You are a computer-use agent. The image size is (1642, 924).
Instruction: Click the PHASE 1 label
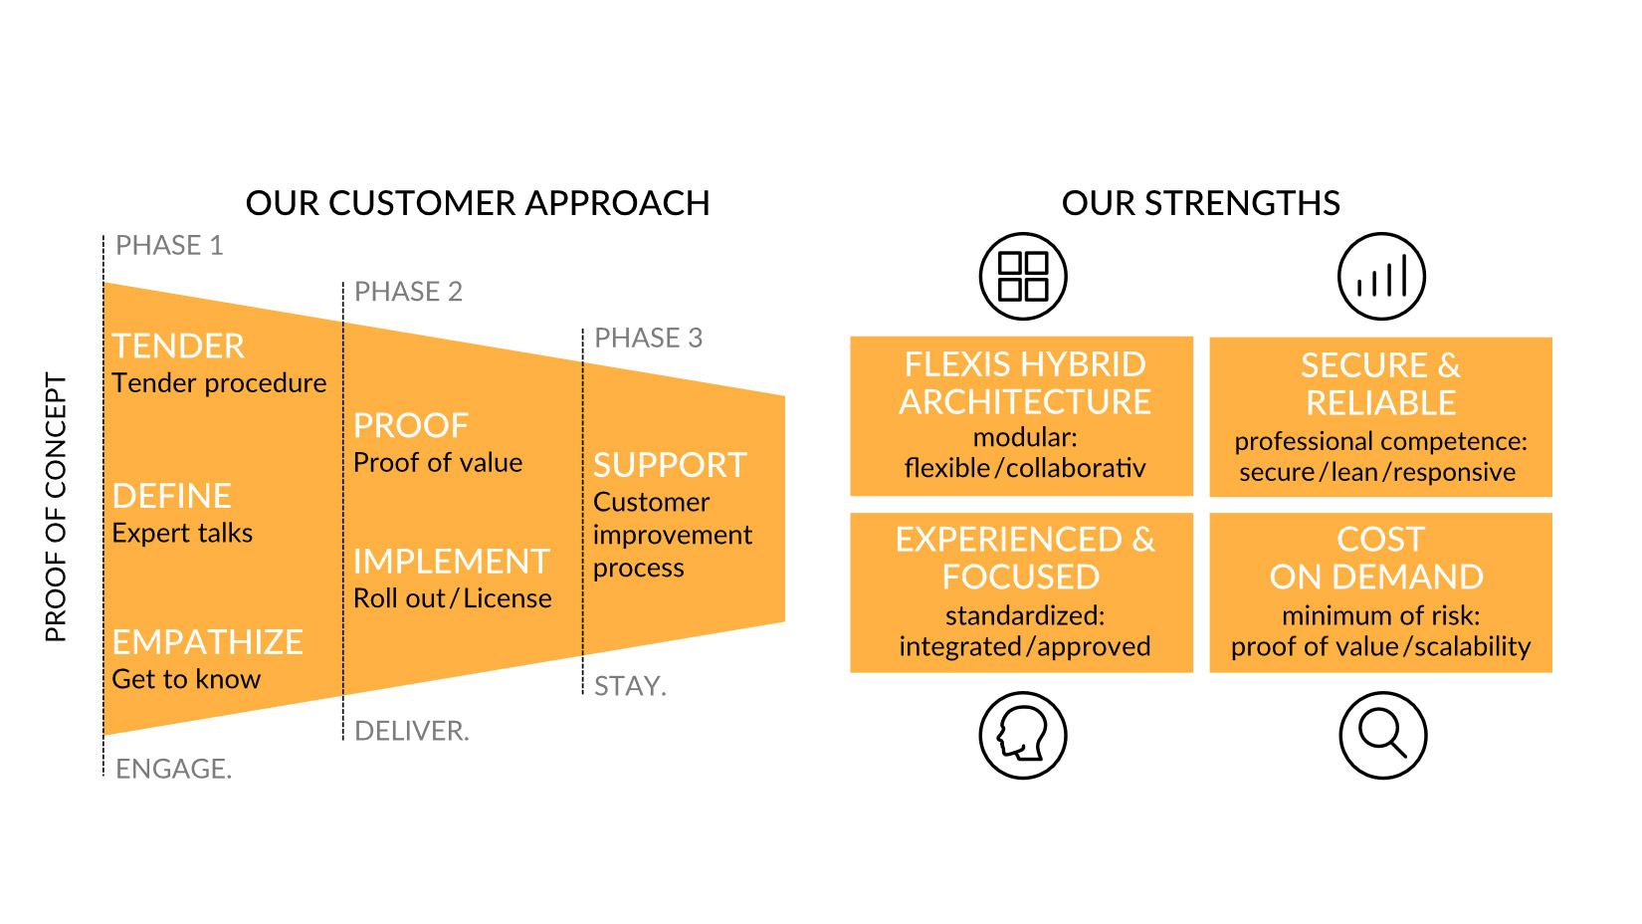pos(169,246)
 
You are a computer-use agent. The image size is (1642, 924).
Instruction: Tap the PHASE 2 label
pos(408,292)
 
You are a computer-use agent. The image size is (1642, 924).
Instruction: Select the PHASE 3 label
pos(648,339)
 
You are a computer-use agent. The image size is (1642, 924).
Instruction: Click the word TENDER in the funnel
pos(178,346)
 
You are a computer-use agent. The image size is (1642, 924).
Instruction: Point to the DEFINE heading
pos(171,497)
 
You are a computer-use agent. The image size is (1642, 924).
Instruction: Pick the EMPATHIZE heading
pos(207,642)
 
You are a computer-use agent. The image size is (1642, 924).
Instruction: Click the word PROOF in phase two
pos(410,425)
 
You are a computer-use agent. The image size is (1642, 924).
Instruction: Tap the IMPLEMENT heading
pos(452,562)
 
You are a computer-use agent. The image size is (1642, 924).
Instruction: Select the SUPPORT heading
pos(670,466)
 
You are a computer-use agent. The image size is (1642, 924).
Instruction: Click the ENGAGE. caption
pos(174,769)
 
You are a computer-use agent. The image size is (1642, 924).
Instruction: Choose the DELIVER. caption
pos(412,731)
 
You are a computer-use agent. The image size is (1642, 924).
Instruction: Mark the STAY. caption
pos(630,686)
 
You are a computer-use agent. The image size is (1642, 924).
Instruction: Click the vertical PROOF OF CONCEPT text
pos(56,508)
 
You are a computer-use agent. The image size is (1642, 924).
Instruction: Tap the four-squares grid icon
pos(1023,277)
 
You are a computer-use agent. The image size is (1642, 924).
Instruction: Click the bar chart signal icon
pos(1381,277)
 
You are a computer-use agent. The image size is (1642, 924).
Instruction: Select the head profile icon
pos(1023,736)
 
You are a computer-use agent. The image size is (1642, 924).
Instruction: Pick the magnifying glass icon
pos(1382,736)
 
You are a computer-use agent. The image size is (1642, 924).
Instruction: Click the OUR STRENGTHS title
pos(1201,203)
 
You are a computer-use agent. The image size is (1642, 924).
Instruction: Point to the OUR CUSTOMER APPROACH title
pos(478,203)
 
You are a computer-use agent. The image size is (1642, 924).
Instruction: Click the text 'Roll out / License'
pos(452,598)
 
